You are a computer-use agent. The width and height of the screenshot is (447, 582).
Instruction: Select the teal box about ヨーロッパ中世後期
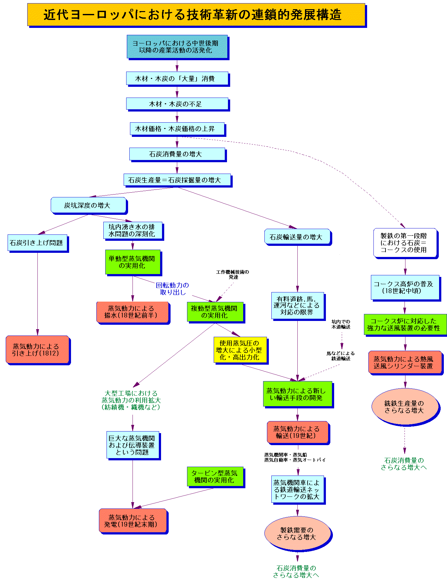177,47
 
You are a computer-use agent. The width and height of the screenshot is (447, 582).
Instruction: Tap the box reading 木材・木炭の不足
177,104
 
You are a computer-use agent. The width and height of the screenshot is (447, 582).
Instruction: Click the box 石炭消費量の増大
177,154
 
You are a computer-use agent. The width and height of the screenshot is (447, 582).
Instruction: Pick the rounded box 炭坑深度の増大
88,205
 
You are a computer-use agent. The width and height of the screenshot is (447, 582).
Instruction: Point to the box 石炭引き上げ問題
37,243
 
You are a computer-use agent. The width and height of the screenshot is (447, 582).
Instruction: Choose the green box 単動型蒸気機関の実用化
133,262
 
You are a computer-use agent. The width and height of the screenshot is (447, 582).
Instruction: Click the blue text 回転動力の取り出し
172,289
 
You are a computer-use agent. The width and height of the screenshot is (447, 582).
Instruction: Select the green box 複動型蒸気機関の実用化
215,312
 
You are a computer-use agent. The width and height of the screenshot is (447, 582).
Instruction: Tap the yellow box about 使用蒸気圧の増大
240,350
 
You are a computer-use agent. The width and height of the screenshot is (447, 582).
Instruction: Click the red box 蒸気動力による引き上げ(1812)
37,349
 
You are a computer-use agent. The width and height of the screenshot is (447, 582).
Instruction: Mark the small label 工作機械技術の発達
233,274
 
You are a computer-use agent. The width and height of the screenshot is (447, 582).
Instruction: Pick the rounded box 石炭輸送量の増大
297,237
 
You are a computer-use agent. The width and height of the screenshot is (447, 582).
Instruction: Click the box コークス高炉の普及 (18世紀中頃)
405,287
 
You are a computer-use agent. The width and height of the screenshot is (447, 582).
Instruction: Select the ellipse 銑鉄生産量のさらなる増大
405,407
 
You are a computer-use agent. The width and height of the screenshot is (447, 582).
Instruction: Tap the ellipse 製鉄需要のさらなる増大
297,534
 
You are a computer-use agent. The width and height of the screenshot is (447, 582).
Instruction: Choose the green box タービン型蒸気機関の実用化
215,476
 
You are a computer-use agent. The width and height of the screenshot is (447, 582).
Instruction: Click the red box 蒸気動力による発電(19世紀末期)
133,521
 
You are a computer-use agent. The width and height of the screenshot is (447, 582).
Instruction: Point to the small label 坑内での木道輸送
341,324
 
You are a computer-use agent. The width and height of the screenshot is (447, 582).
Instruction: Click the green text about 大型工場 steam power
131,400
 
